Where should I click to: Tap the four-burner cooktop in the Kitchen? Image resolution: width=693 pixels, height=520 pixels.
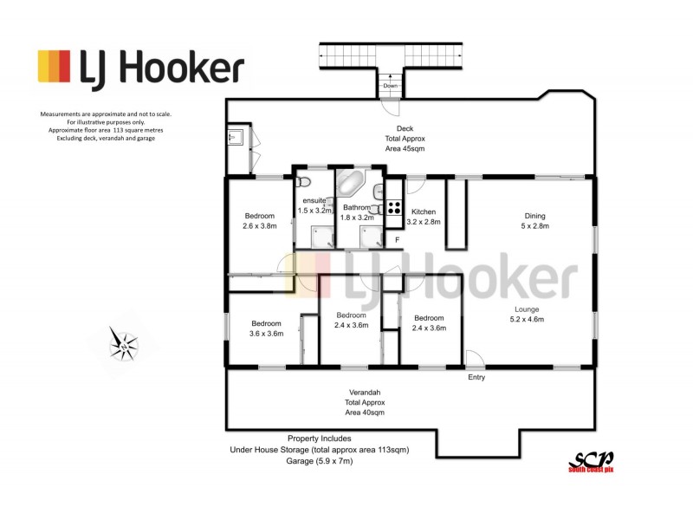(x=394, y=208)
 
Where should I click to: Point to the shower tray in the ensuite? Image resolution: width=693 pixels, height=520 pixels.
(x=321, y=236)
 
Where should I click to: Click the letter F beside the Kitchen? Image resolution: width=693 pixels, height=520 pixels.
(x=397, y=238)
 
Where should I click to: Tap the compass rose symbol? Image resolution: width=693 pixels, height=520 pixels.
(x=124, y=344)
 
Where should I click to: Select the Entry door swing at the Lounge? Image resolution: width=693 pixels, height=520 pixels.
(x=474, y=359)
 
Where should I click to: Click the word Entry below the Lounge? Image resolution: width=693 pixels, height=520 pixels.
(x=476, y=378)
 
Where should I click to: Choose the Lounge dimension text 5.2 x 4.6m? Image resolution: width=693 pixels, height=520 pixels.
(x=526, y=320)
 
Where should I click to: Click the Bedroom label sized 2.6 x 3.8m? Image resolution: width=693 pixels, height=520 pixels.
(x=259, y=226)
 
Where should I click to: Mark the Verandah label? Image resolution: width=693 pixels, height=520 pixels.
(x=364, y=392)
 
